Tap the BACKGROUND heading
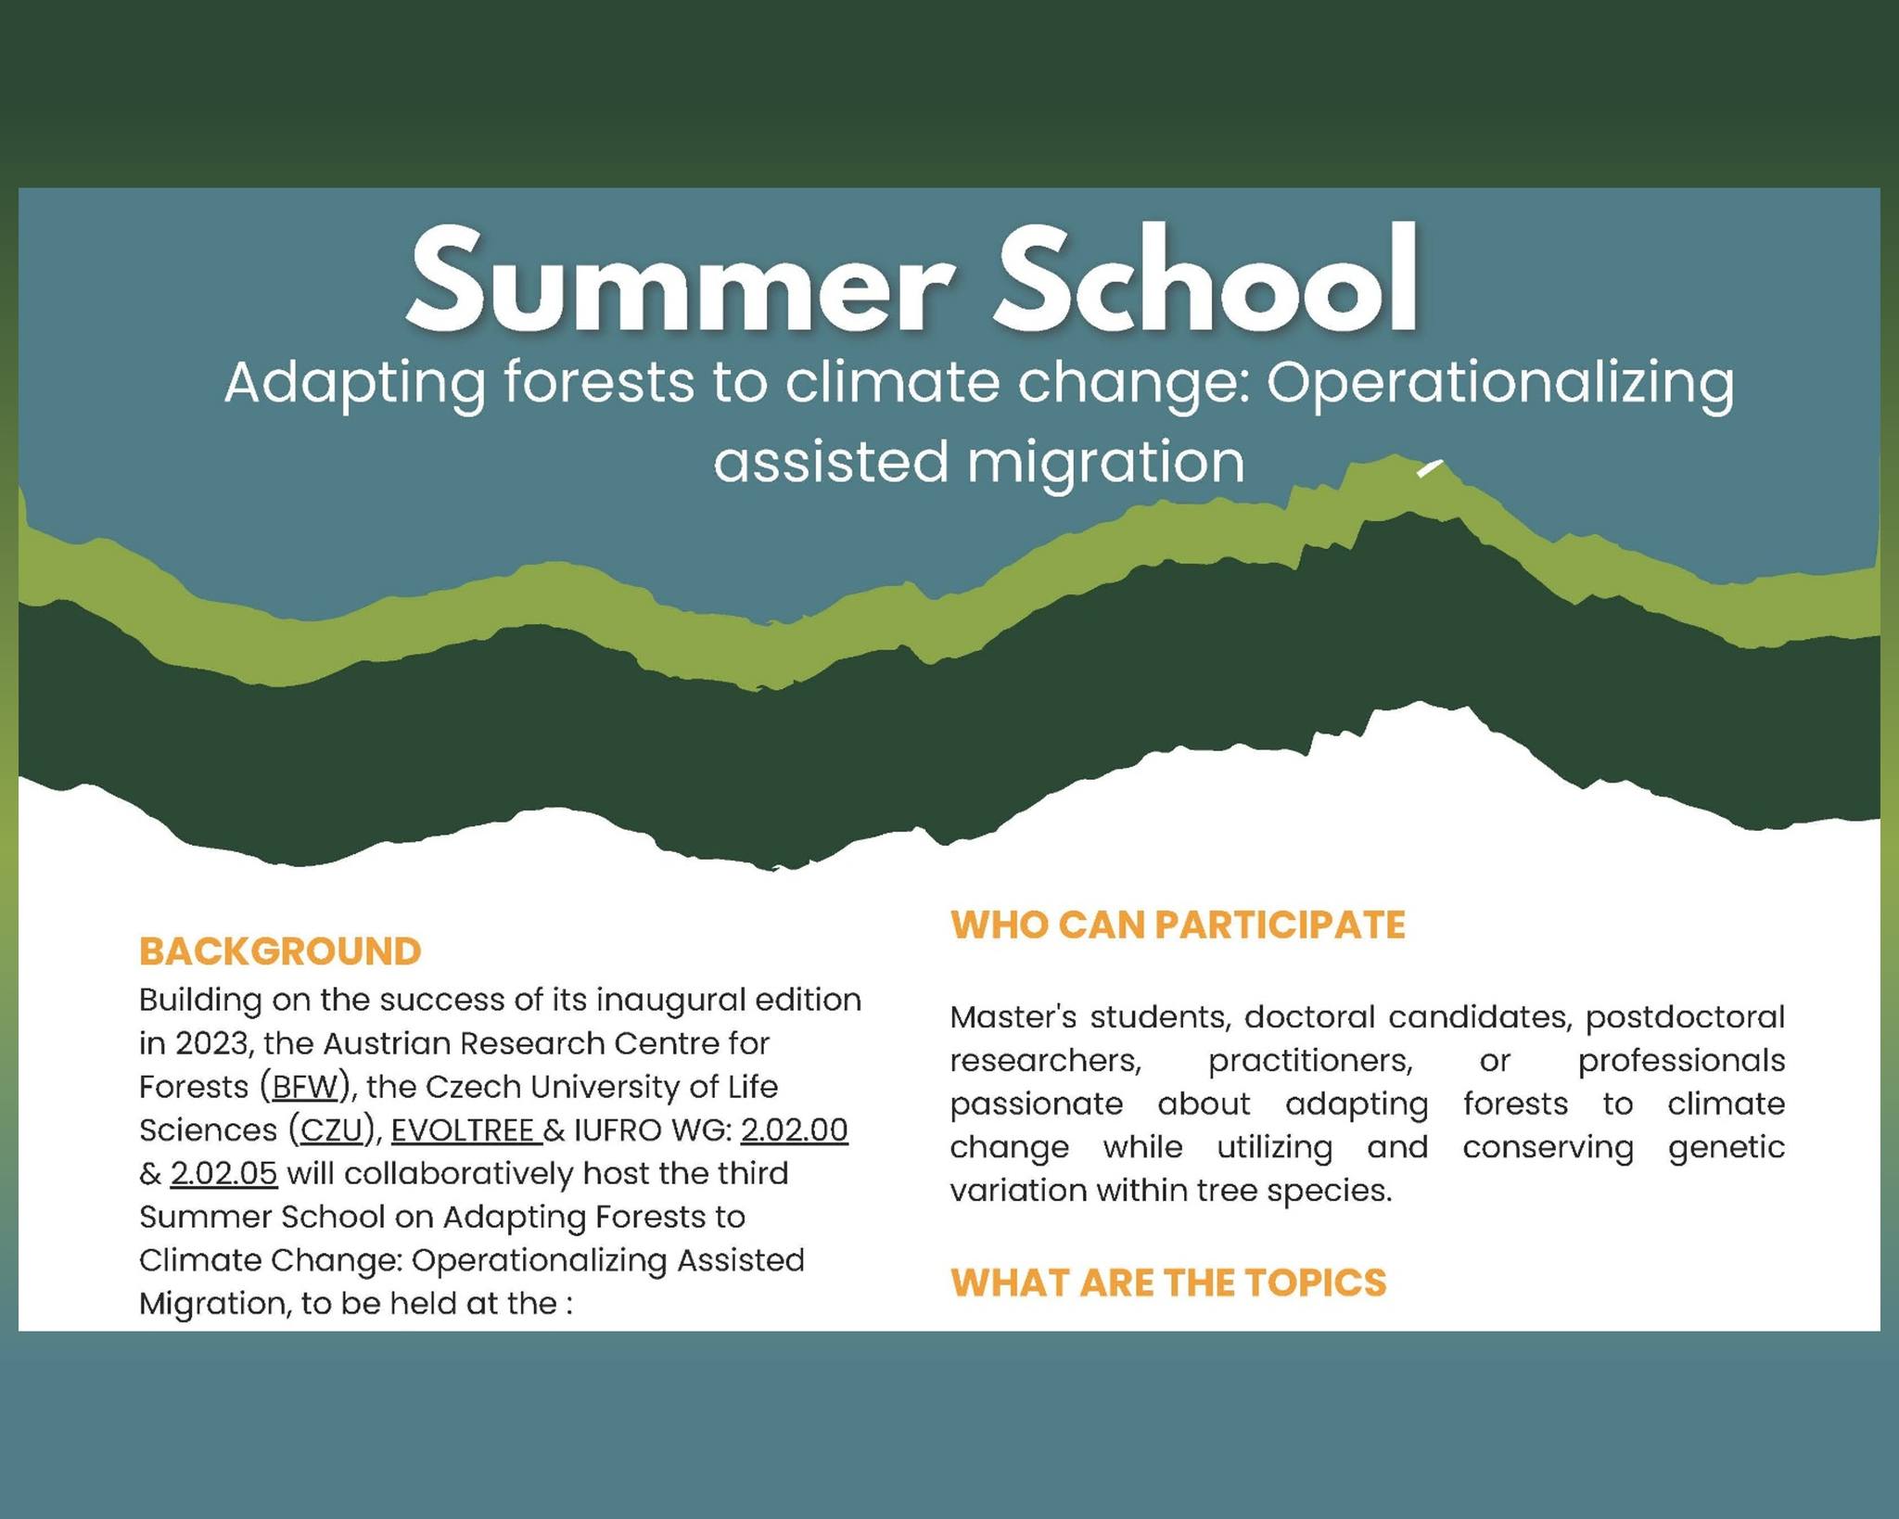280,951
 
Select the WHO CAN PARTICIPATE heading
1178,925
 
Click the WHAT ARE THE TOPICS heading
1168,1283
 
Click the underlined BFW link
305,1087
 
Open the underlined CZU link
330,1130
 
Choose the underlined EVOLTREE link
463,1130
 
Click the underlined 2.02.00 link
794,1130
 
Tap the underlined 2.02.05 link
223,1174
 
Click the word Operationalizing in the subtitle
1499,383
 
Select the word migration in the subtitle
1105,463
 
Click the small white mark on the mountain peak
1429,468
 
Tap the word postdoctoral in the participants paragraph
1684,1017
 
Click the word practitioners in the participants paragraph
1310,1061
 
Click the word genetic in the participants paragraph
1726,1148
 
